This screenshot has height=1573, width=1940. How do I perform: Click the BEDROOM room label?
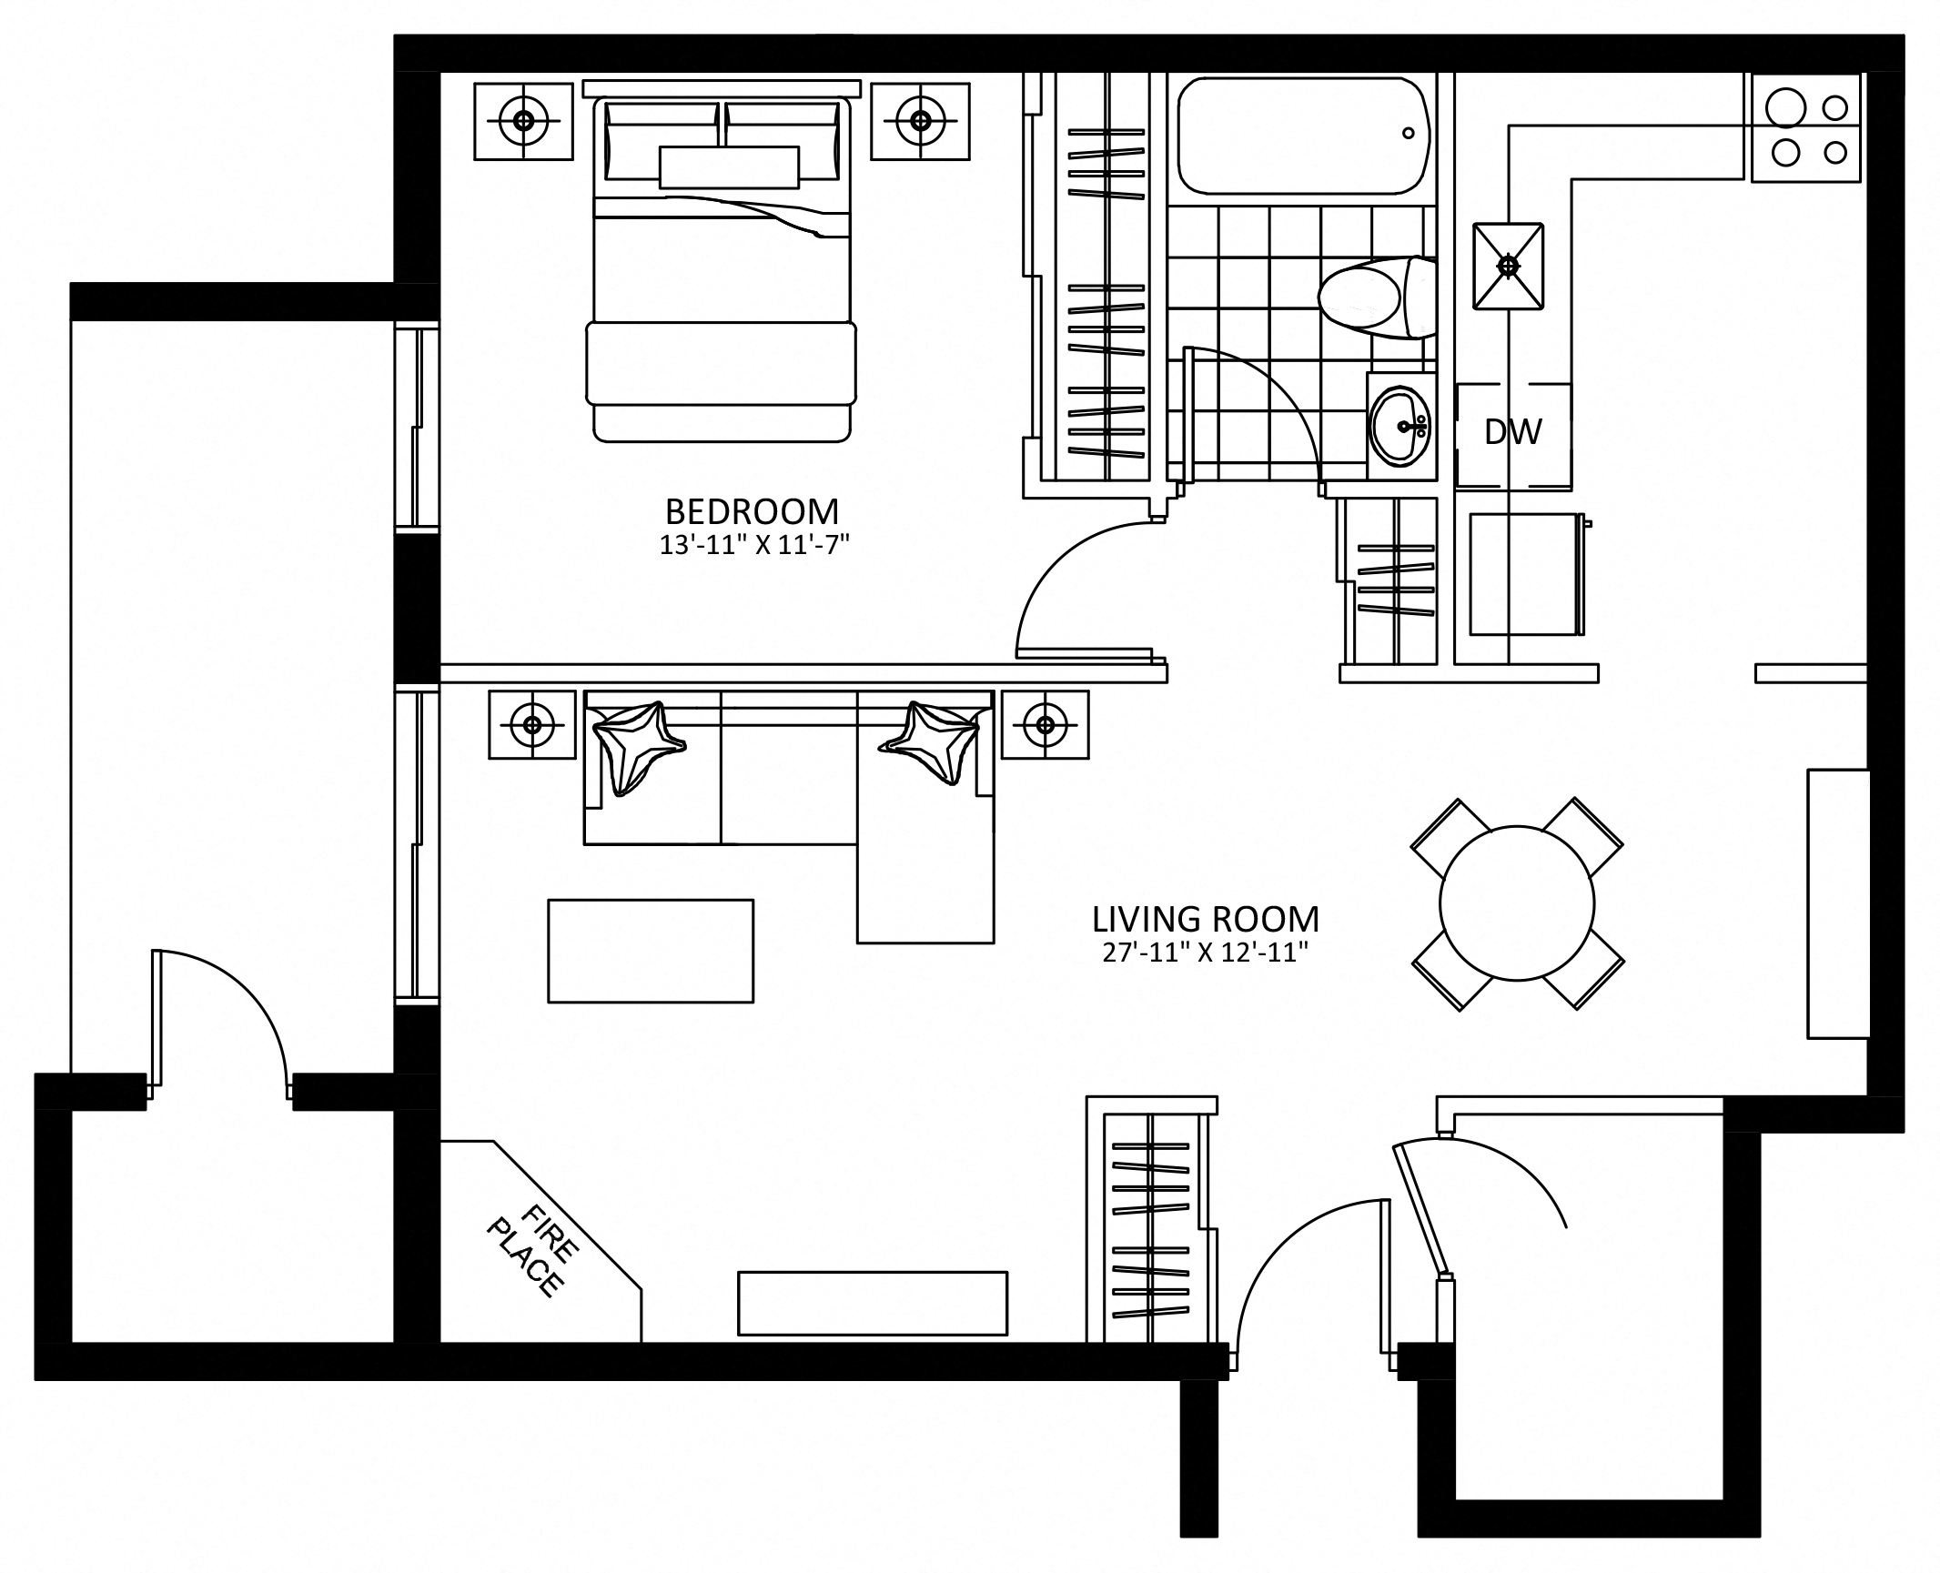tap(752, 511)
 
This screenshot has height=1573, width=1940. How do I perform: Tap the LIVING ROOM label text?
tap(1205, 919)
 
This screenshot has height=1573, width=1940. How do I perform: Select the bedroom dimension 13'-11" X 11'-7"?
tap(754, 545)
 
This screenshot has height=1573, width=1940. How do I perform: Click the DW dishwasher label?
tap(1513, 432)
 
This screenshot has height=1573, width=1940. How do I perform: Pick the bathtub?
tap(1304, 136)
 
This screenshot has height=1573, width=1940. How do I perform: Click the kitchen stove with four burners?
tap(1806, 127)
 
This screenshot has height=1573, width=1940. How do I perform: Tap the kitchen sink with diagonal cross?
tap(1509, 265)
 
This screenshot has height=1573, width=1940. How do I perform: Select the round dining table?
tap(1517, 903)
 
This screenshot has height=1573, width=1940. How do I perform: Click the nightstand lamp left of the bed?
tap(523, 120)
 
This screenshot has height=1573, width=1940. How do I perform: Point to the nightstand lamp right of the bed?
tap(920, 120)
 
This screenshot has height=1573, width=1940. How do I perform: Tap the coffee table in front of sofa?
tap(651, 951)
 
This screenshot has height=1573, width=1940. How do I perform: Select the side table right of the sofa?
tap(1045, 724)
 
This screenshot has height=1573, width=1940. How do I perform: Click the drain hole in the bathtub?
tap(1409, 133)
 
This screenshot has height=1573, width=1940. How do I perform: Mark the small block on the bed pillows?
tap(729, 166)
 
